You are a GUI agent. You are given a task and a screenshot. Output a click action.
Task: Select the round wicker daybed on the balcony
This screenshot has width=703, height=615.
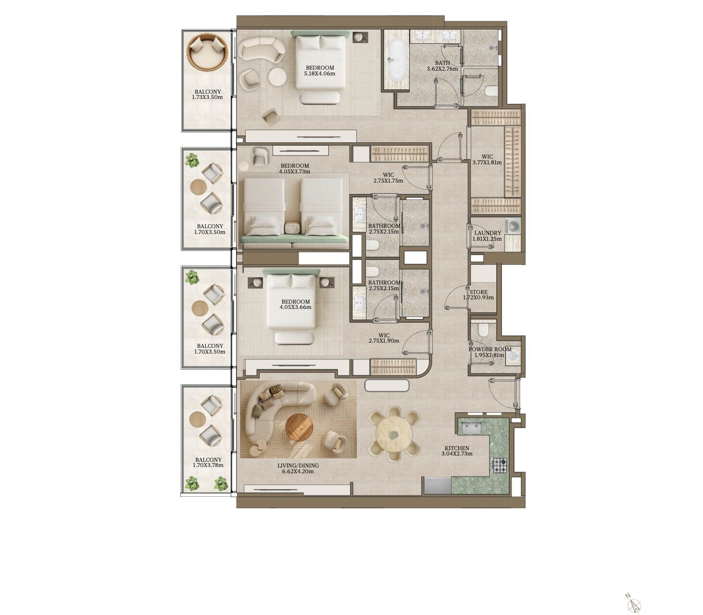click(207, 52)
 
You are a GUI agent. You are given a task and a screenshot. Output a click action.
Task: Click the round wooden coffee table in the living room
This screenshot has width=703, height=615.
click(299, 428)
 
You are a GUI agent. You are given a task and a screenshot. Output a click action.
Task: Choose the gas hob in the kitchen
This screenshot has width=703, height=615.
click(500, 465)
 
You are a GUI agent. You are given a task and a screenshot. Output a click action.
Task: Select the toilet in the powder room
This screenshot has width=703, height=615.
click(483, 330)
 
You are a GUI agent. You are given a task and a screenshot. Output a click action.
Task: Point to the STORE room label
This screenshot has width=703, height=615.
click(478, 292)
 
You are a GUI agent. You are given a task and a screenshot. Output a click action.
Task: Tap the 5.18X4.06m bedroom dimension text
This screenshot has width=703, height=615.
click(320, 74)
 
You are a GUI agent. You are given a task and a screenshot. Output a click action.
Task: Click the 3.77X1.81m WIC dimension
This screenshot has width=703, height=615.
click(487, 162)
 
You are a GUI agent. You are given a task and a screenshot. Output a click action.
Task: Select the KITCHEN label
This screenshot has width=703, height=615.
click(457, 448)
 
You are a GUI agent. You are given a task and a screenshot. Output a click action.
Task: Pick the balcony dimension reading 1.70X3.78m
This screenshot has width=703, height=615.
click(209, 466)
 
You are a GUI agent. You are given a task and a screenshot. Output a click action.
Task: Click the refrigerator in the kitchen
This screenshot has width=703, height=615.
click(438, 486)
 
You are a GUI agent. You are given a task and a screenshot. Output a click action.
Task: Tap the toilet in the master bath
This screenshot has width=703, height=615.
click(491, 91)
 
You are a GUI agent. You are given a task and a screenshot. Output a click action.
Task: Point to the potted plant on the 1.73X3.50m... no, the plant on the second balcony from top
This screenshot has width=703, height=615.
click(192, 160)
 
